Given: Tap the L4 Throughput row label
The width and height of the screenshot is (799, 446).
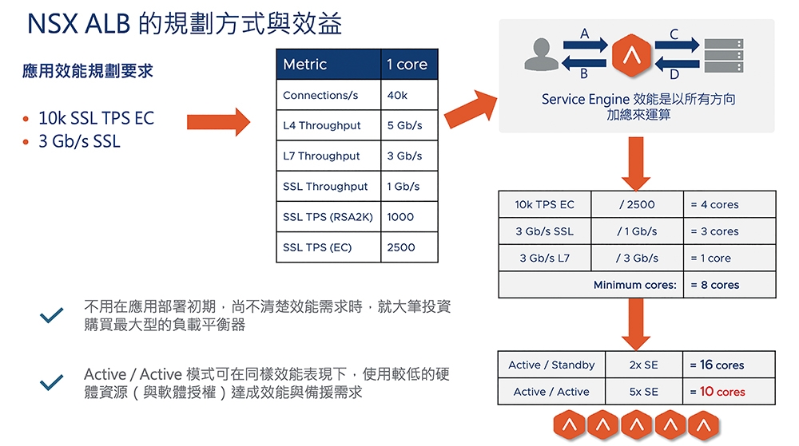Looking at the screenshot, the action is [x=321, y=125].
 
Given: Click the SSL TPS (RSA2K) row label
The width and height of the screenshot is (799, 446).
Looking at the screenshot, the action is [x=328, y=217].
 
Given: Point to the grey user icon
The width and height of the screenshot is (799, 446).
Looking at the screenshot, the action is [x=541, y=54].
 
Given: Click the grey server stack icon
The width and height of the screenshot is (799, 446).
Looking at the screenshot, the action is [x=724, y=55].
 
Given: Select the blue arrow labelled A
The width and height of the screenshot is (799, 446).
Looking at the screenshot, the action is [x=586, y=45].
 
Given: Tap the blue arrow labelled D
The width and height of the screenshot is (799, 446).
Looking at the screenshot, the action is [x=677, y=64].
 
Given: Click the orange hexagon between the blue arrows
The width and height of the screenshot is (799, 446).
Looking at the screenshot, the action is [x=631, y=55].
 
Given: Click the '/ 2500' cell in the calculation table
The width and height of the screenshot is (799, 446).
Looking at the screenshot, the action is [x=637, y=204].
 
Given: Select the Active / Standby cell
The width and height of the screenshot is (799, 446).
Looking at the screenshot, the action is [x=551, y=365].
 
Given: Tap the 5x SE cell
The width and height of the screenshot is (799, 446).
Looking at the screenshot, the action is [x=643, y=392].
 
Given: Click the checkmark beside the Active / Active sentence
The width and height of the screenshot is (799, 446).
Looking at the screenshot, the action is [x=51, y=382].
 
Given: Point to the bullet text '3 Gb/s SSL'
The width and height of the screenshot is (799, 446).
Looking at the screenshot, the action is [x=79, y=141].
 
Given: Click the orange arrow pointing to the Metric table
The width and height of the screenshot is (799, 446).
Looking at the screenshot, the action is [x=219, y=122].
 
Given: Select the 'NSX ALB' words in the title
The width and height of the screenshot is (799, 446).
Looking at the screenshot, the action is [x=79, y=24].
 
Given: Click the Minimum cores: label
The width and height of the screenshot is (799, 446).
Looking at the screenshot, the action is [x=635, y=285].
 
